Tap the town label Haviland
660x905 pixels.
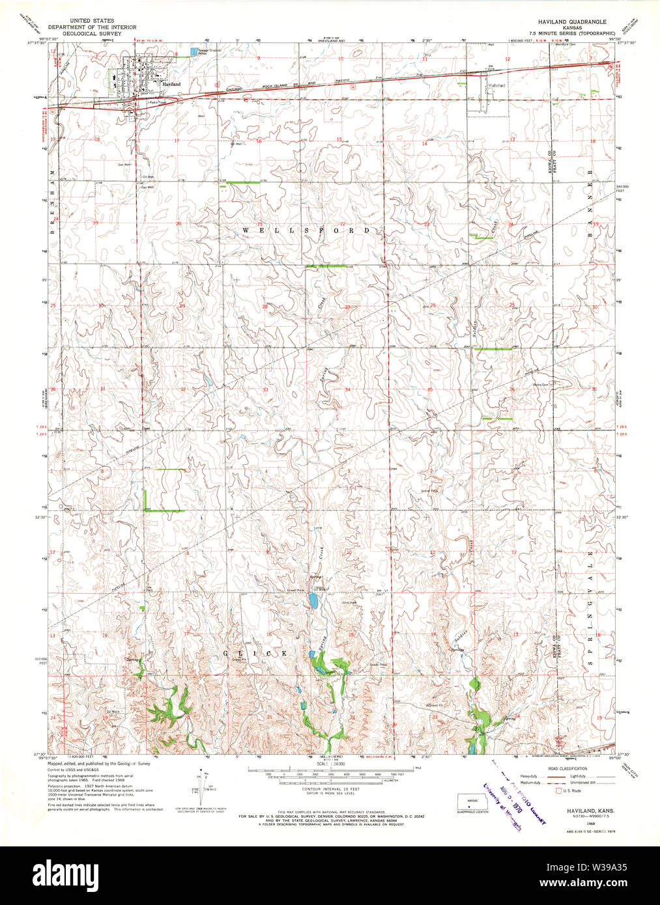coord(171,85)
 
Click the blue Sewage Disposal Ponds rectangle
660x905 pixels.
coord(193,51)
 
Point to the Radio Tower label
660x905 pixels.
coord(156,103)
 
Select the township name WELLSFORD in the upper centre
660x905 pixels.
coord(306,230)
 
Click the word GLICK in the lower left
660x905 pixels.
coord(255,653)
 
